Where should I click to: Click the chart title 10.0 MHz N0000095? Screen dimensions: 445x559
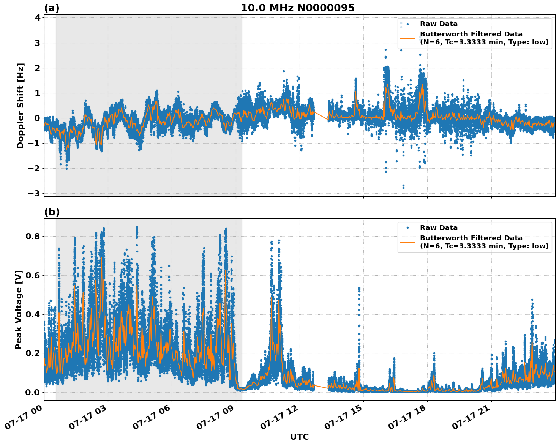tap(298, 8)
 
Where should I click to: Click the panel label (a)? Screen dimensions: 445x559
tap(52, 8)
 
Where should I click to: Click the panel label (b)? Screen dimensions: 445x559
tap(52, 212)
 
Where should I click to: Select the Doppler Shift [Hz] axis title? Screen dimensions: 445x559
tap(21, 106)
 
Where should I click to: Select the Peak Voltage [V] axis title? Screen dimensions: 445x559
tap(19, 309)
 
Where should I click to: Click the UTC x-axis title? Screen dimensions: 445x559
tap(299, 437)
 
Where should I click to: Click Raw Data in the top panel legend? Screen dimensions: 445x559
tap(439, 24)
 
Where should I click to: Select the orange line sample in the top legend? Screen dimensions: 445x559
tap(407, 38)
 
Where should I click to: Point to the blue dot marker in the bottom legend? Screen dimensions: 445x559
tap(407, 228)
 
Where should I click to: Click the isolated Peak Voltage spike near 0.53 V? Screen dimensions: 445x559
tap(359, 290)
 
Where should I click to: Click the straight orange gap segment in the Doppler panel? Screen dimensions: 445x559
tap(321, 116)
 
